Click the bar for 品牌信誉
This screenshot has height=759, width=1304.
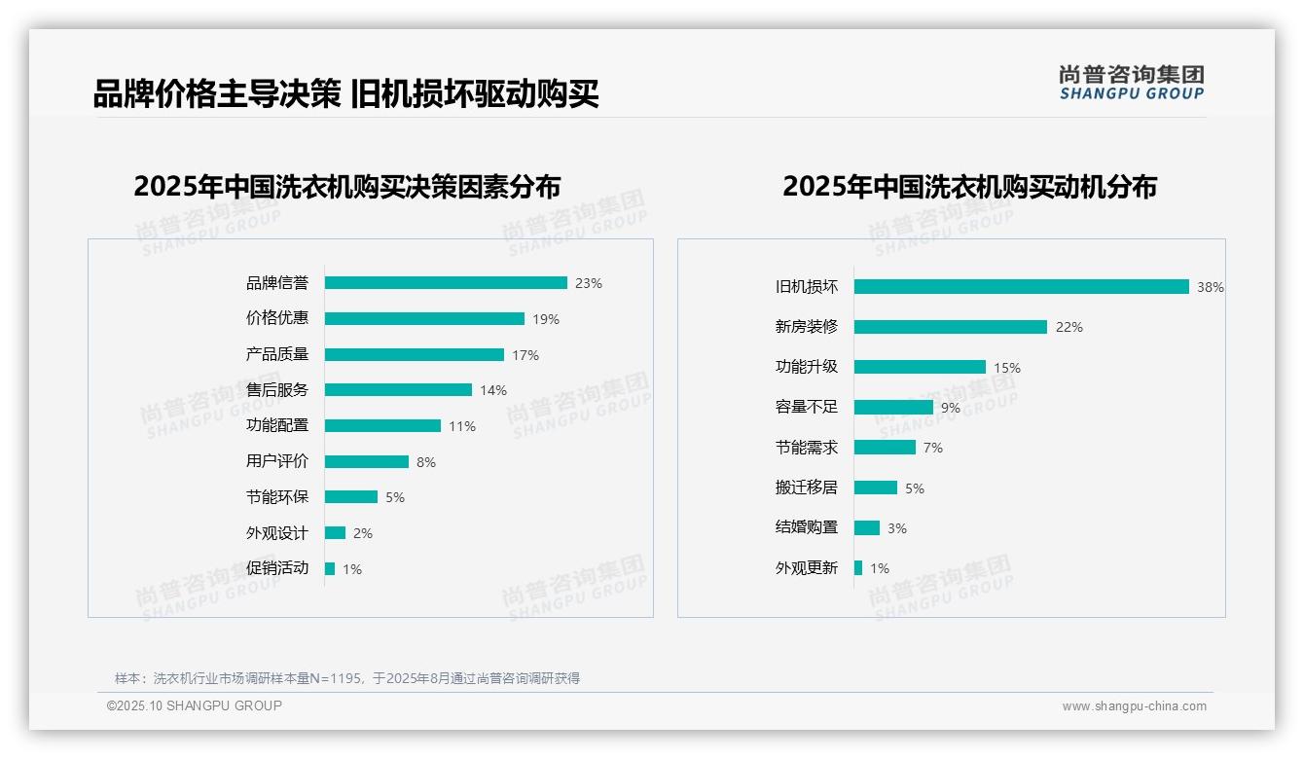[x=446, y=283]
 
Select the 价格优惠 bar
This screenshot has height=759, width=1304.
[x=424, y=319]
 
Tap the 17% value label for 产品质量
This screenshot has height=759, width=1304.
[x=525, y=355]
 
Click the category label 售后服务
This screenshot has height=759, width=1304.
[x=277, y=390]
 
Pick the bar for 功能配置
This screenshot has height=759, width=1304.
[x=382, y=426]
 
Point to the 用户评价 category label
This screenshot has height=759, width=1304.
[x=277, y=461]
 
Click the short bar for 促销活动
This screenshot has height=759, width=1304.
[x=330, y=568]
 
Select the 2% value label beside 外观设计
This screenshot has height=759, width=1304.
[x=363, y=533]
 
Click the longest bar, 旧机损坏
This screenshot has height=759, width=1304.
[x=1022, y=287]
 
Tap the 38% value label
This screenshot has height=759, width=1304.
[x=1211, y=288]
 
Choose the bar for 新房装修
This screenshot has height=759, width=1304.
[x=951, y=327]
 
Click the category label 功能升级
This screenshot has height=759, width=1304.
[x=807, y=367]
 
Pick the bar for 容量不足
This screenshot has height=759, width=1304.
[x=893, y=408]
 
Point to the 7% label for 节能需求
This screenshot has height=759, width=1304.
[x=933, y=448]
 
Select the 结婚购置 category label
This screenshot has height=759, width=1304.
[x=807, y=527]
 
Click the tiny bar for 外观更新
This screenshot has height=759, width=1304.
[x=858, y=568]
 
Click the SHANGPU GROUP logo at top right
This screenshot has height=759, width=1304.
[x=1132, y=83]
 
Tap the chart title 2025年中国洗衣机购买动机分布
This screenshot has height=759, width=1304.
[x=969, y=187]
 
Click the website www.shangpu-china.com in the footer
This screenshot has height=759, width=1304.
[x=1134, y=706]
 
